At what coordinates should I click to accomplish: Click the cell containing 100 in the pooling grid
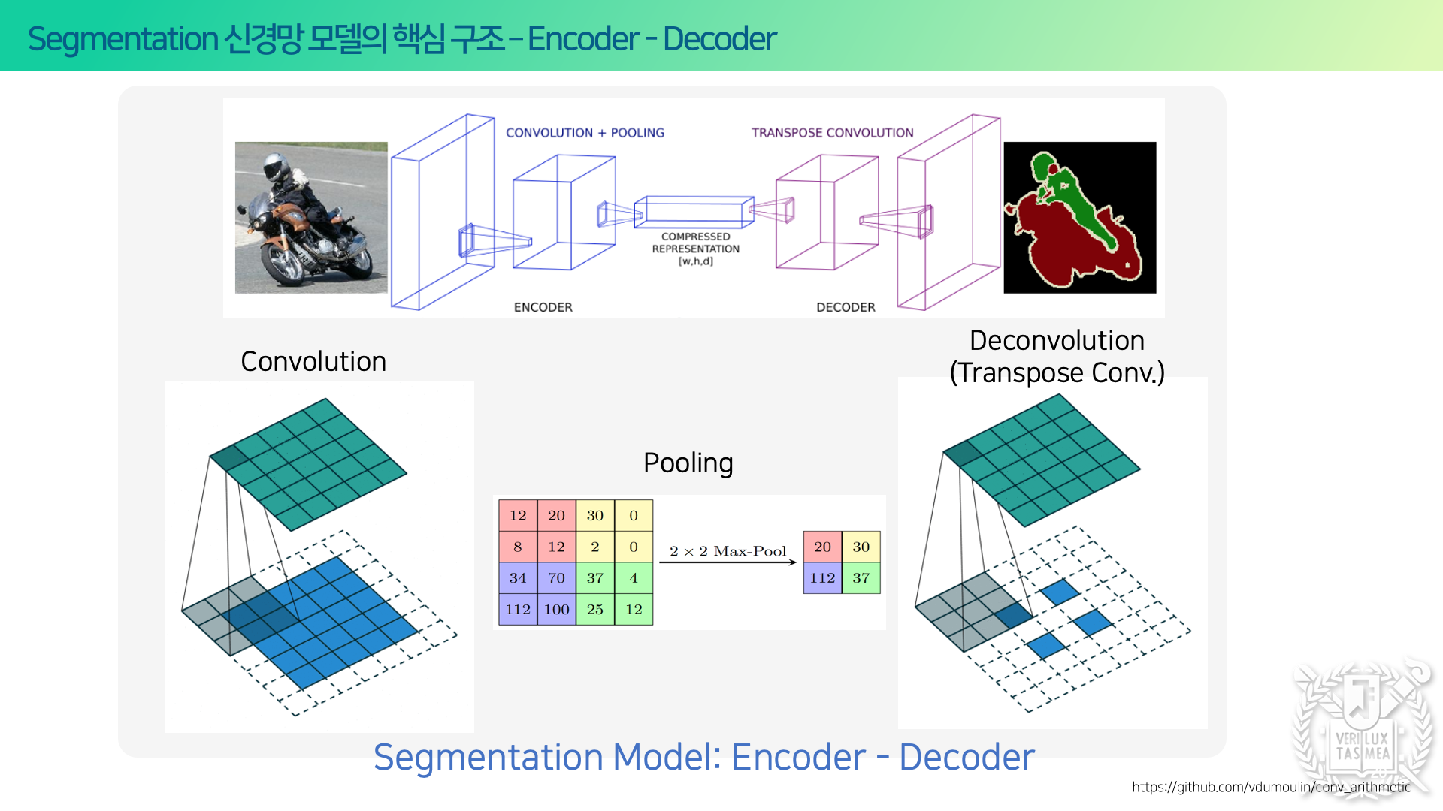click(x=557, y=609)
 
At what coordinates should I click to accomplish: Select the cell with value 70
click(x=557, y=578)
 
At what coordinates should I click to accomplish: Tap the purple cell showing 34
click(x=518, y=578)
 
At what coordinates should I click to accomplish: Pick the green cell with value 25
click(x=595, y=609)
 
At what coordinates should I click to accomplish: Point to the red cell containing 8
click(x=518, y=547)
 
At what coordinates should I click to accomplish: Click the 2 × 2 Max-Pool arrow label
click(x=728, y=551)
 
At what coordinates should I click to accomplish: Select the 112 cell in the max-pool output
click(x=822, y=578)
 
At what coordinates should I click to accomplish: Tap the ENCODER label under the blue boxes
click(x=543, y=307)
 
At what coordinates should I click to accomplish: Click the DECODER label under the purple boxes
click(x=846, y=307)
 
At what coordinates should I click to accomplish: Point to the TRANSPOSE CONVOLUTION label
click(x=833, y=133)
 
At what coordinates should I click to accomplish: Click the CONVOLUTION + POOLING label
click(x=585, y=133)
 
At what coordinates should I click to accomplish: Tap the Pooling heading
click(x=688, y=463)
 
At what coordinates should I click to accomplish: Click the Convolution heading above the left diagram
click(x=313, y=362)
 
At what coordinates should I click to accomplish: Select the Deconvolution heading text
click(x=1057, y=341)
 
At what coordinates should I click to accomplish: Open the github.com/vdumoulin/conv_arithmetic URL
click(x=1272, y=787)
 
